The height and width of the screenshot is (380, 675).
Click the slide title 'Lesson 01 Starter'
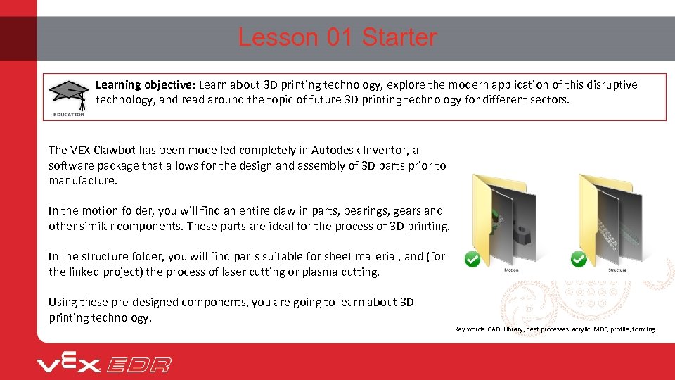tap(337, 37)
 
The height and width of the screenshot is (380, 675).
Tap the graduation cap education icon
tap(68, 96)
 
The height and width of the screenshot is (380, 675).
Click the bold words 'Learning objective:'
tap(146, 85)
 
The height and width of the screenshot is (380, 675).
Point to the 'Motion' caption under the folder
tap(512, 270)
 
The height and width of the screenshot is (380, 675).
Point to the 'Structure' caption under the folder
tap(617, 270)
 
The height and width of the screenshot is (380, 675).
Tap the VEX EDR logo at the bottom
tap(104, 364)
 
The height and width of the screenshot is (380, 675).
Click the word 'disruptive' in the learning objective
tap(611, 85)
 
